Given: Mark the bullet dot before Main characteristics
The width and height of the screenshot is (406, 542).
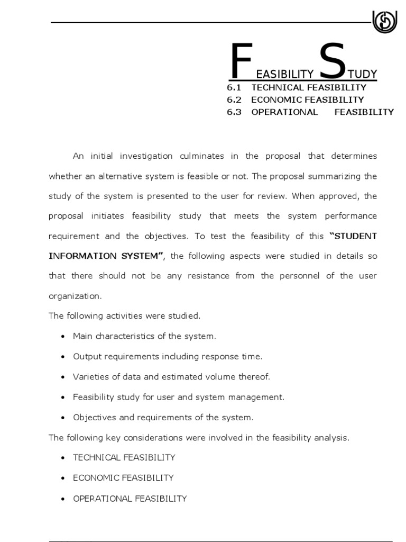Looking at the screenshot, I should point(63,337).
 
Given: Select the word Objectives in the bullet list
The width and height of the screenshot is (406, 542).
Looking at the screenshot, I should point(93,417).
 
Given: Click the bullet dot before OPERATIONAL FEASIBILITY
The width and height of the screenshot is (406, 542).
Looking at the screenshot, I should point(63,499).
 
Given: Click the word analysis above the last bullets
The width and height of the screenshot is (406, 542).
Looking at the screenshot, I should point(333,437).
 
